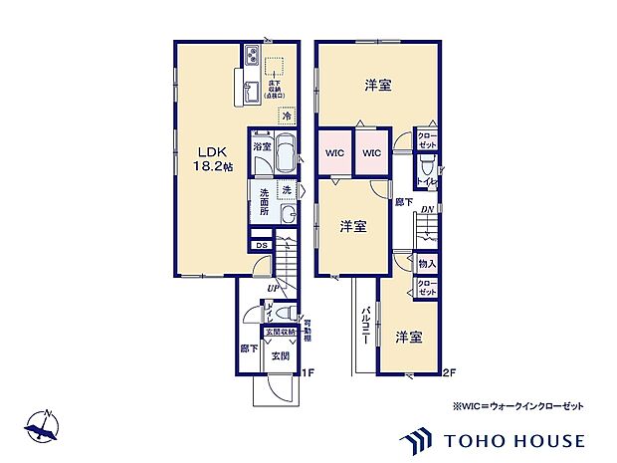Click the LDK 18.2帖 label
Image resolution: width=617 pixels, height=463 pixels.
click(x=211, y=158)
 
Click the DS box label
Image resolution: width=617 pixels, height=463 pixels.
click(x=261, y=245)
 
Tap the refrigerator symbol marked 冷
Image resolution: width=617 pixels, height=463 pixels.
click(x=287, y=116)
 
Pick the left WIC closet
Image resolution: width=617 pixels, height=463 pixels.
click(x=334, y=153)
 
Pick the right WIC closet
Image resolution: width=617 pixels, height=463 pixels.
click(x=370, y=153)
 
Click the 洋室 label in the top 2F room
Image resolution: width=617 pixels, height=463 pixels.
click(x=375, y=85)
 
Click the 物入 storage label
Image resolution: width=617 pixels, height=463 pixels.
click(x=426, y=264)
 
